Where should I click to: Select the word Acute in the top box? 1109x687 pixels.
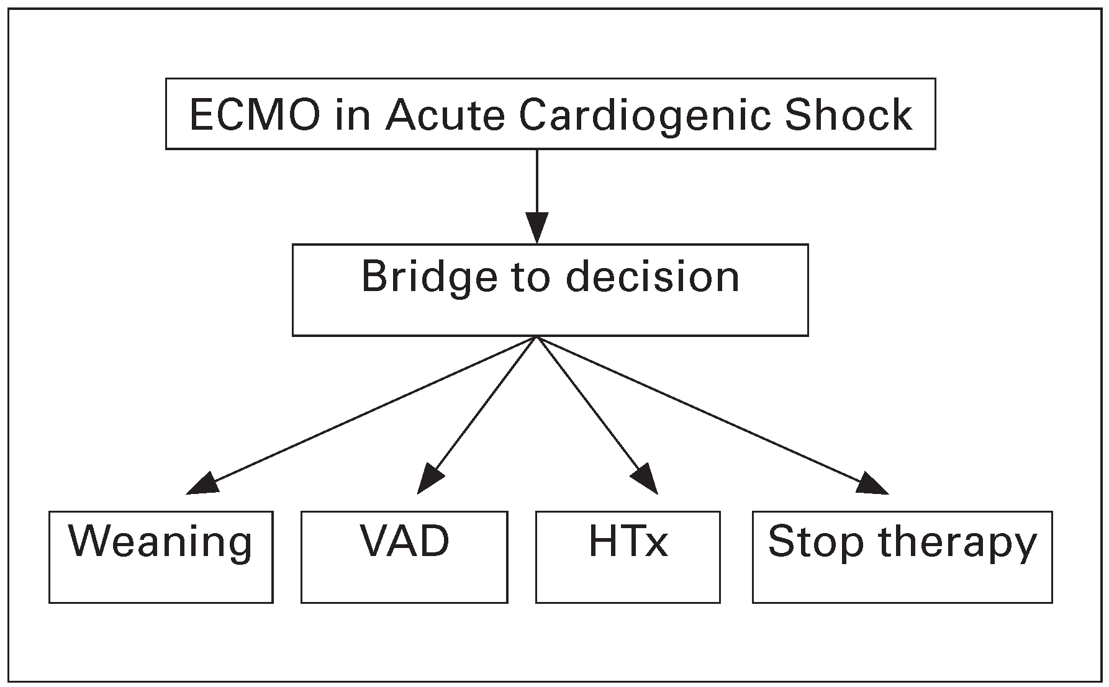tap(445, 115)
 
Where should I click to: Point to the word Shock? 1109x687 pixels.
tap(848, 115)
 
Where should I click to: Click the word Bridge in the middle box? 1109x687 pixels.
tap(429, 278)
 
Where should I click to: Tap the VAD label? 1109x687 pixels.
tap(405, 541)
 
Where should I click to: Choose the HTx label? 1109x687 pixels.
tap(628, 541)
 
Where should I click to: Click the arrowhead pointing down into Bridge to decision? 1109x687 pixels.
tap(537, 227)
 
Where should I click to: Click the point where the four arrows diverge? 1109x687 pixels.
tap(537, 338)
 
